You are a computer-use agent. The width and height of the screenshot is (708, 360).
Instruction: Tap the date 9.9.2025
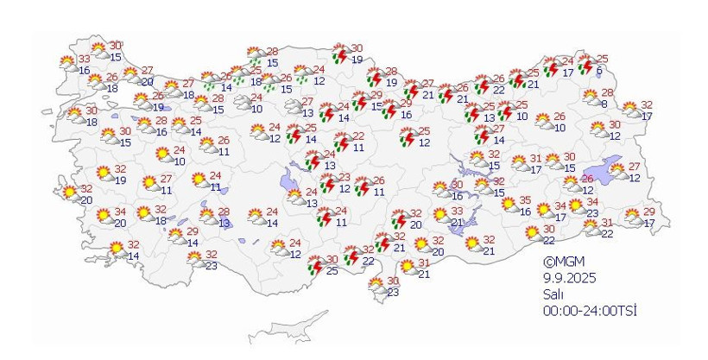pos(569,277)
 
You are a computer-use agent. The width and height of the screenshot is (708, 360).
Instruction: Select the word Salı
pos(553,294)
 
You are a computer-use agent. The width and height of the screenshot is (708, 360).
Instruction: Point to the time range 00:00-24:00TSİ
pos(590,310)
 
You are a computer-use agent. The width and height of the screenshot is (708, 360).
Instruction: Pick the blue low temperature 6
pos(599,71)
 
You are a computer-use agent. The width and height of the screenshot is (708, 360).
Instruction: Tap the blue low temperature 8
pos(604,104)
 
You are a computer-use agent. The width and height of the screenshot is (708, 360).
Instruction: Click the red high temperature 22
pos(358,136)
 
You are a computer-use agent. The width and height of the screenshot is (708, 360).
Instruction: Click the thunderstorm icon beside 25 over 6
pos(585,65)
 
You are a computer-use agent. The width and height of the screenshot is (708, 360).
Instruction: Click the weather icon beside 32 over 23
pos(193,260)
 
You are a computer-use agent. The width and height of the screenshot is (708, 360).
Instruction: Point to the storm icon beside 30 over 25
pos(313,265)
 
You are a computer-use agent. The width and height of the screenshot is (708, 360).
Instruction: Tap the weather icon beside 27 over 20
pos(130,76)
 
